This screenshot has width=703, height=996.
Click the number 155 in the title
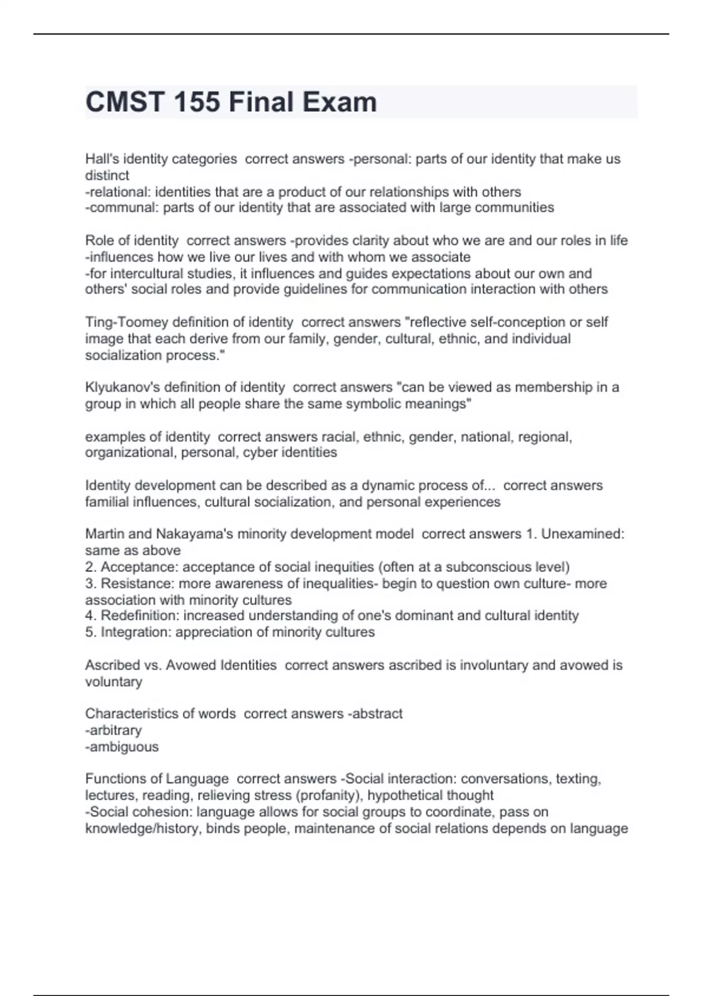197,102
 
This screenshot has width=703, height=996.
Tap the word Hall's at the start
102,159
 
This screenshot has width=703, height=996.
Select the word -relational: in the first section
118,192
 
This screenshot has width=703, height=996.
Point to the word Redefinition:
140,616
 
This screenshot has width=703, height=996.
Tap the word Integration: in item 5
136,632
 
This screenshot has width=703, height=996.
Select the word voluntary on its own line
114,682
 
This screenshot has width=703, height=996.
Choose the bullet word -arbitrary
114,731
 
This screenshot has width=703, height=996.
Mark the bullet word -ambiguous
122,747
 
